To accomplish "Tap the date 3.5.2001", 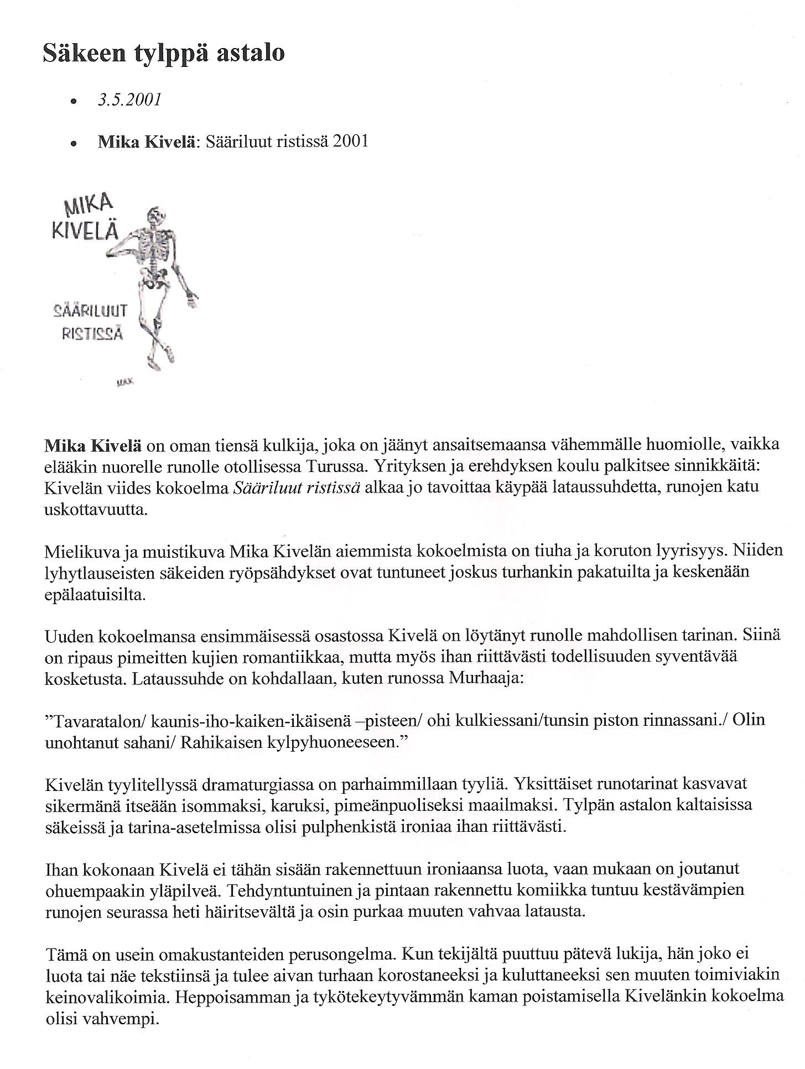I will pyautogui.click(x=129, y=100).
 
